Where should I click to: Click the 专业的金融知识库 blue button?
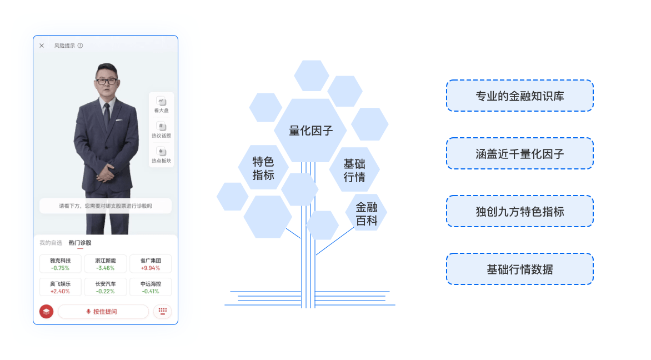(519, 96)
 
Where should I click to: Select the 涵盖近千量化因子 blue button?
(519, 154)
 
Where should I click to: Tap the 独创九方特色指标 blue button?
(519, 212)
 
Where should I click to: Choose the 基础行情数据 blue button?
(519, 269)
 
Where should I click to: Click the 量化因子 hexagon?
(311, 131)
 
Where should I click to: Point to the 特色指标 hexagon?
(263, 168)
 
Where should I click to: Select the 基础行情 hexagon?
(354, 170)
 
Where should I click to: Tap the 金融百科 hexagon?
(367, 213)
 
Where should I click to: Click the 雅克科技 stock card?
(60, 264)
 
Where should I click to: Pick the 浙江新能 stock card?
(106, 264)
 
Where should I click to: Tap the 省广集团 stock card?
(151, 264)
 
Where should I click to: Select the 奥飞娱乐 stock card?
(60, 287)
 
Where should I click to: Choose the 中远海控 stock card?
(151, 287)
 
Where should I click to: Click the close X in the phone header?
(42, 46)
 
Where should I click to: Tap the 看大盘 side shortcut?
(161, 104)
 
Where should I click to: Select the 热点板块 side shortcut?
(161, 155)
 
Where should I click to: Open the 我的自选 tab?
(51, 243)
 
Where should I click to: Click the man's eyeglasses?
(107, 81)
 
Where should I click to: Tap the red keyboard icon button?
(162, 311)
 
